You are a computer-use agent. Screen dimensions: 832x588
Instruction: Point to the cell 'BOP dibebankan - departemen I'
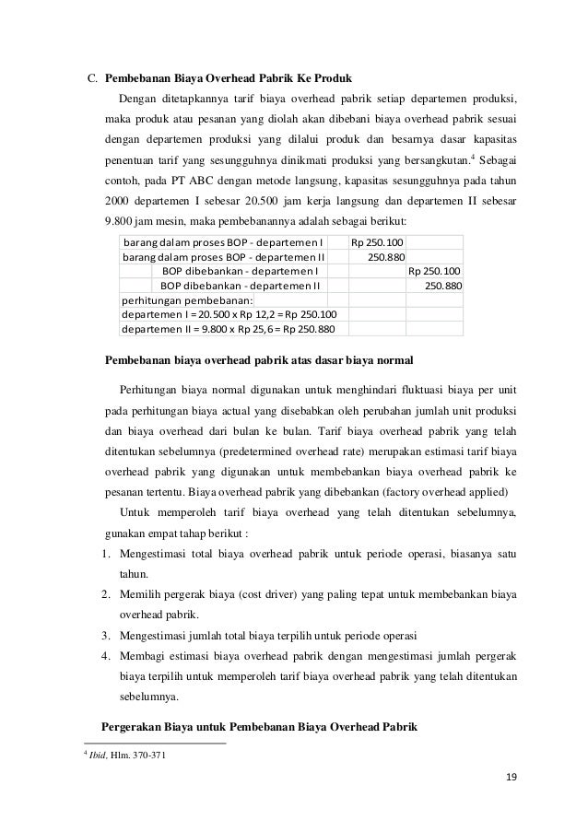click(240, 271)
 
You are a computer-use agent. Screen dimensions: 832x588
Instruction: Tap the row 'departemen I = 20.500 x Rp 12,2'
click(229, 315)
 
